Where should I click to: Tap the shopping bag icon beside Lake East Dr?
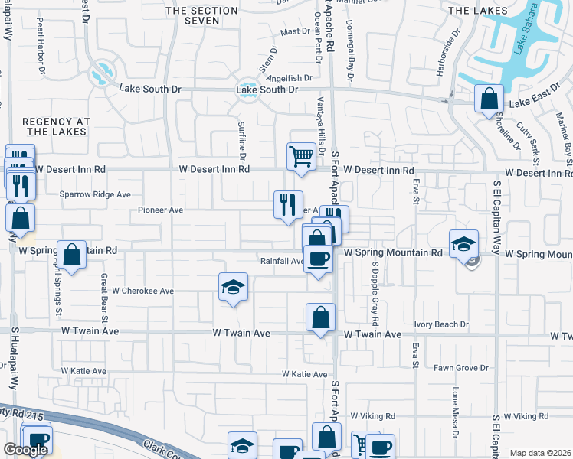[488, 99]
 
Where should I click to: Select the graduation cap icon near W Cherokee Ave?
[234, 287]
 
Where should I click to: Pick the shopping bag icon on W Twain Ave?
[321, 317]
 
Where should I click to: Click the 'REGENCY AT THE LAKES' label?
[56, 127]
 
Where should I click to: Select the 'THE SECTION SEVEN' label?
[202, 15]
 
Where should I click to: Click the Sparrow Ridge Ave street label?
[96, 194]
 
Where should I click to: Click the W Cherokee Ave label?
[142, 291]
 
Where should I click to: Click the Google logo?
[25, 450]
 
